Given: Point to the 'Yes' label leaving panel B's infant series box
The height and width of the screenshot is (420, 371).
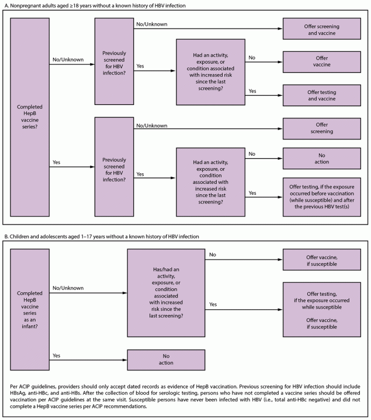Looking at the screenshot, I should pyautogui.click(x=57, y=355).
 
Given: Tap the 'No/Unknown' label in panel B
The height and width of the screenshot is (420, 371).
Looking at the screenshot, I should pyautogui.click(x=65, y=288).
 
